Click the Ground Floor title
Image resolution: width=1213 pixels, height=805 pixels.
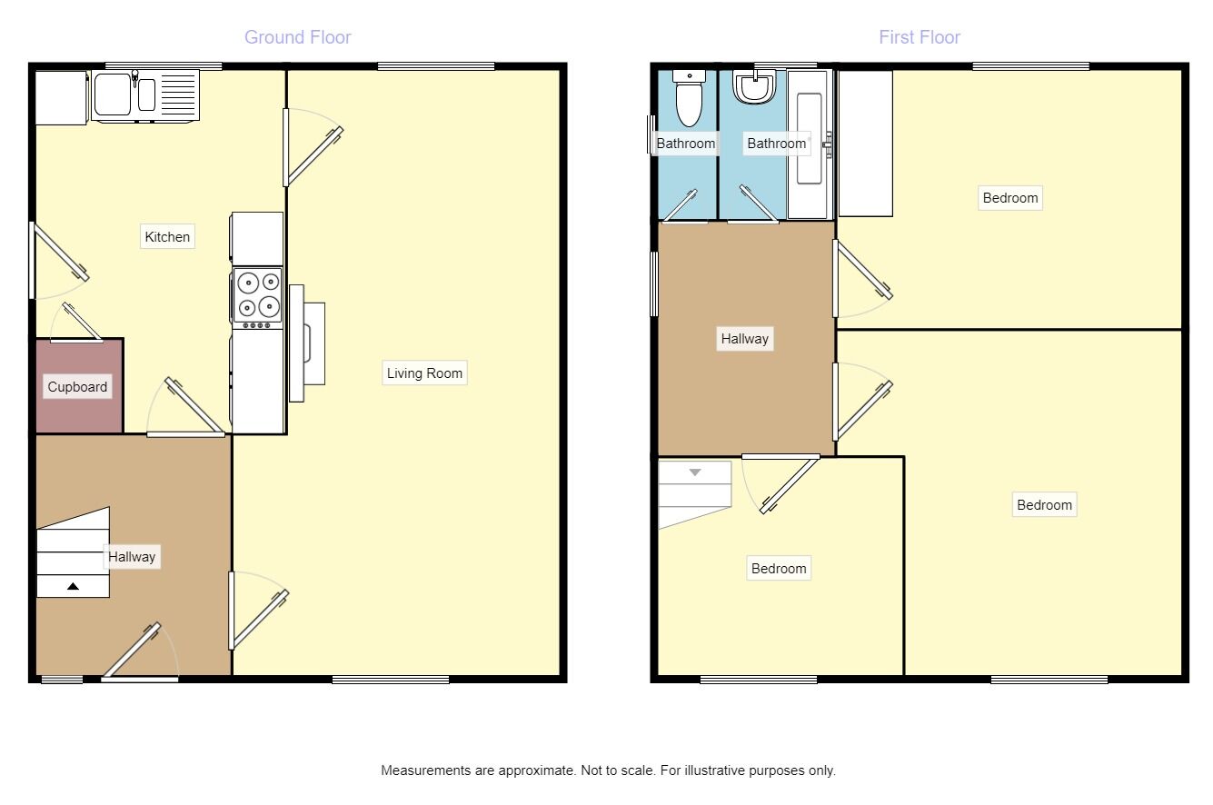(297, 37)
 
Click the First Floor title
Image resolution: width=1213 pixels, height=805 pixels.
(919, 37)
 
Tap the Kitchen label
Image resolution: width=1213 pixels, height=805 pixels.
(168, 237)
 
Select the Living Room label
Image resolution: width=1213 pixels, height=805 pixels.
(424, 373)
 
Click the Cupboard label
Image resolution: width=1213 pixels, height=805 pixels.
(77, 387)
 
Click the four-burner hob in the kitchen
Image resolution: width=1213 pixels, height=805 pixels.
(257, 295)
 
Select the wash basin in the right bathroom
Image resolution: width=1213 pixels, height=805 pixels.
(756, 88)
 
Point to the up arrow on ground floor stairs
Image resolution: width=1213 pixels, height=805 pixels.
(73, 587)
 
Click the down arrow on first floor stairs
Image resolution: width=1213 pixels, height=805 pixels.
(695, 472)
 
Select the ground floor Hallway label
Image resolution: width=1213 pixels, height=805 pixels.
(132, 557)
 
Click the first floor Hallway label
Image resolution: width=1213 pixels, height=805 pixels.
(744, 339)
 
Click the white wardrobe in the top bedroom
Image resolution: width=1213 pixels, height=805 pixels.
(865, 144)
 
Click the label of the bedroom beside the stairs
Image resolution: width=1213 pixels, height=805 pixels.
(779, 569)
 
